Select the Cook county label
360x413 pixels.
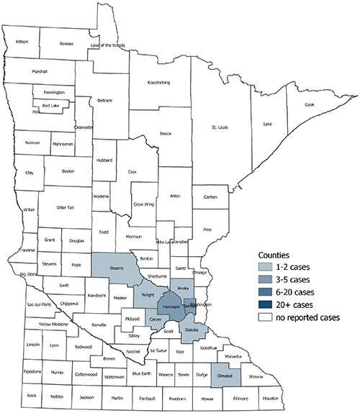click(x=310, y=104)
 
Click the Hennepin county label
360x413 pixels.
click(x=172, y=307)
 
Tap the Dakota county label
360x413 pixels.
click(x=192, y=330)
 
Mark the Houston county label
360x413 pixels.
click(x=270, y=397)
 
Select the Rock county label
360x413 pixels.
click(x=31, y=396)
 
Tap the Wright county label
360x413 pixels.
click(x=147, y=295)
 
